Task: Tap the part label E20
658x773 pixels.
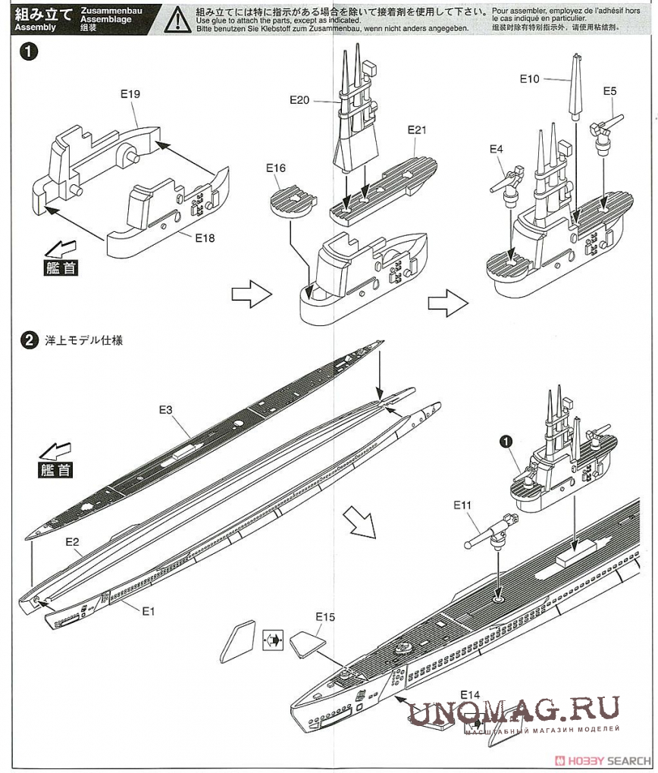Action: click(300, 99)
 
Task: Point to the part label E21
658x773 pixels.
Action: click(417, 130)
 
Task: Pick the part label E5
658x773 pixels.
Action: click(610, 91)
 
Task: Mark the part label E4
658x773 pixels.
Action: click(496, 149)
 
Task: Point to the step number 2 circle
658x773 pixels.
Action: click(29, 340)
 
